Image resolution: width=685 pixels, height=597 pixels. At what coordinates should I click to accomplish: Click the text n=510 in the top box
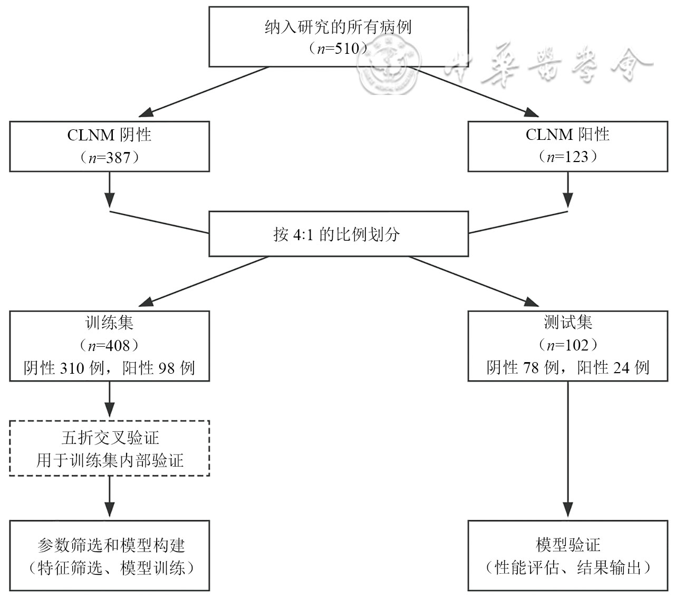(x=337, y=49)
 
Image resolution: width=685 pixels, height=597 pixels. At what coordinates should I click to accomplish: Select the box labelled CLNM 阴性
(x=109, y=146)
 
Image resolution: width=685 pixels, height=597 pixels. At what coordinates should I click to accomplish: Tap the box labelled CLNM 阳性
(x=567, y=146)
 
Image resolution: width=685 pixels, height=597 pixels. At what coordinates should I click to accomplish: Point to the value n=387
(x=109, y=157)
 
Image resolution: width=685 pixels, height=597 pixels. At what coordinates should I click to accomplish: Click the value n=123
(x=567, y=157)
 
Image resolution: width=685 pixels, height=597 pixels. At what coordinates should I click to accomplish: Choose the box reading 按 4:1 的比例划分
(x=338, y=234)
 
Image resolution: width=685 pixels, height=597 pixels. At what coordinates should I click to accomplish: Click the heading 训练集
(x=109, y=323)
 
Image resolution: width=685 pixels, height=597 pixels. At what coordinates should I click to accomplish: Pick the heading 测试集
(x=567, y=323)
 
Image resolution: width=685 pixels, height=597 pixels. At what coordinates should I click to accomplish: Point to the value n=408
(x=109, y=345)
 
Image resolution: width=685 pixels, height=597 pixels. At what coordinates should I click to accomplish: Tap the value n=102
(x=567, y=345)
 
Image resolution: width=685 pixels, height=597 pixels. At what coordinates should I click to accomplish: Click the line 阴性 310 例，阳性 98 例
(x=109, y=368)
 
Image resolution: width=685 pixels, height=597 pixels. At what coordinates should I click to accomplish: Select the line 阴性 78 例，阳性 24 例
(x=567, y=368)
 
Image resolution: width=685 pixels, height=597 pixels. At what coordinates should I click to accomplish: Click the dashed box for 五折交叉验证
(x=109, y=448)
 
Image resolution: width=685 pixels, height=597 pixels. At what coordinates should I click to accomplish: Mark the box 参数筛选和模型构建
(x=109, y=555)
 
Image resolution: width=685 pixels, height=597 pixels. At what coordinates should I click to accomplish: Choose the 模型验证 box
(x=567, y=555)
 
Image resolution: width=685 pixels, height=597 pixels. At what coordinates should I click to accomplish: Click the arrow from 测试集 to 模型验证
(x=567, y=449)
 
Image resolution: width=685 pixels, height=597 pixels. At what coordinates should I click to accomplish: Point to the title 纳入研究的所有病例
(x=337, y=27)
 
